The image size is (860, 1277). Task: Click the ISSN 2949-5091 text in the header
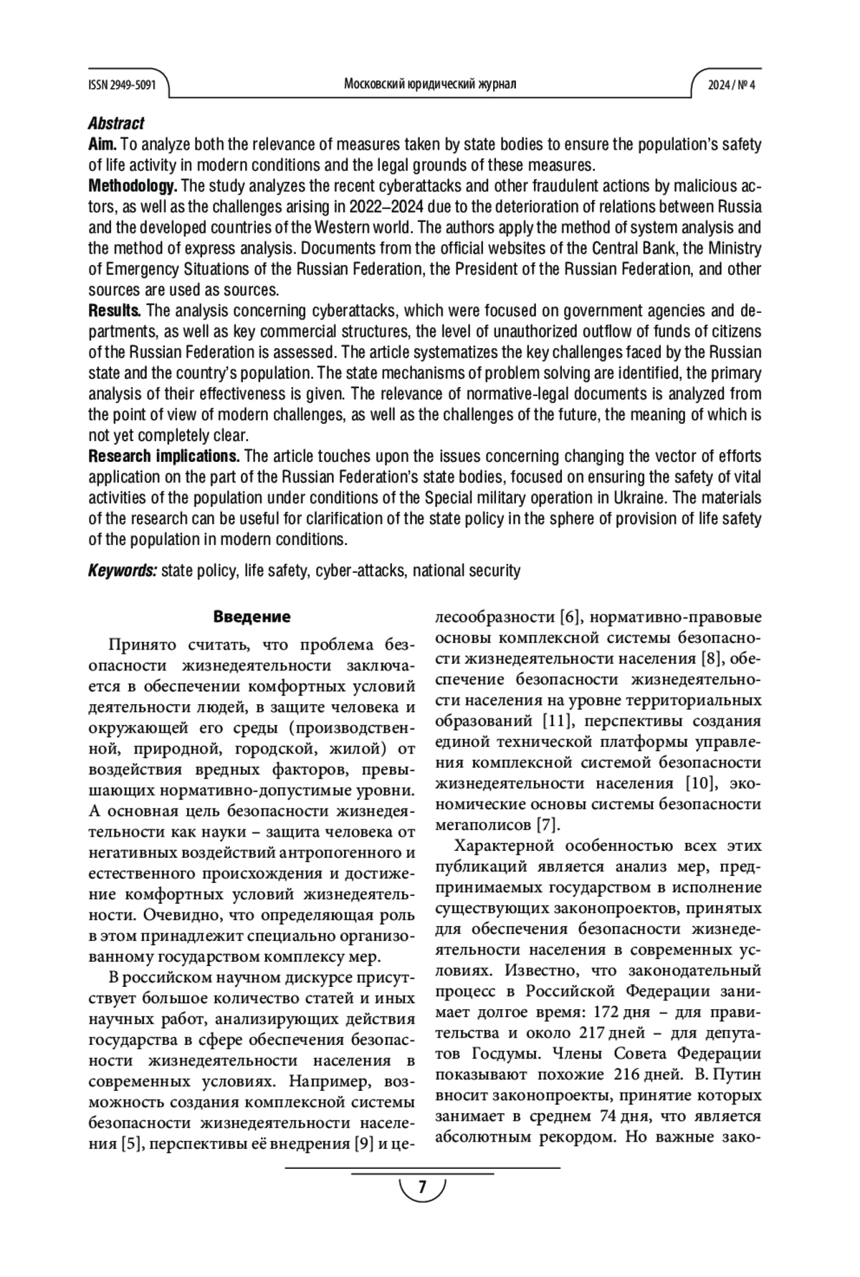tap(121, 85)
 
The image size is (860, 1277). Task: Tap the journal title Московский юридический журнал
tap(430, 84)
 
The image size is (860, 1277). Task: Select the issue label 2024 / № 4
tap(732, 85)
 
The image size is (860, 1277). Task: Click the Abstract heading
tap(116, 123)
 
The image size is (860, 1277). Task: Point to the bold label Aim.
tap(102, 144)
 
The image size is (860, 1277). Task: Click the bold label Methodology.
tap(133, 186)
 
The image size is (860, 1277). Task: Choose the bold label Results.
tap(115, 311)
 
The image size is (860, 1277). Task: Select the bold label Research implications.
tap(164, 456)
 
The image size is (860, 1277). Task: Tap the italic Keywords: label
tap(123, 571)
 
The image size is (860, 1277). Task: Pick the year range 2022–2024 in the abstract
tap(386, 207)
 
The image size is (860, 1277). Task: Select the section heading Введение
tap(252, 617)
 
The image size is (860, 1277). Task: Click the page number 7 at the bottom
tap(422, 1187)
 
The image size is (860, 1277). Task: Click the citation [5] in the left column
tap(130, 1144)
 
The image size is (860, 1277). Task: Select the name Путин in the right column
tap(737, 1074)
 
